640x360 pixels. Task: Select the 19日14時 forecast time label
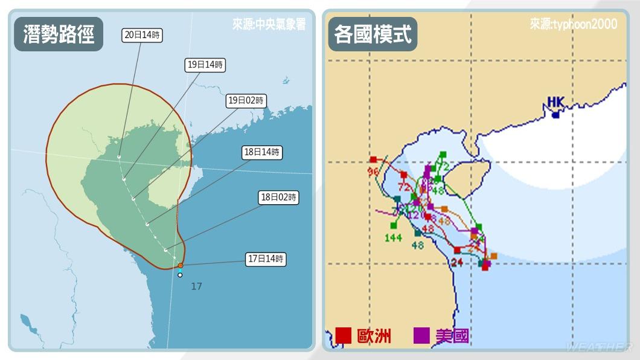pyautogui.click(x=205, y=65)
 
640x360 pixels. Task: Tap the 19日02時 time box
pyautogui.click(x=246, y=101)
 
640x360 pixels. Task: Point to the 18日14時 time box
pyautogui.click(x=263, y=152)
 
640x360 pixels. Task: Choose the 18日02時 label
pyautogui.click(x=278, y=197)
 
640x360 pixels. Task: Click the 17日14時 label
pyautogui.click(x=266, y=259)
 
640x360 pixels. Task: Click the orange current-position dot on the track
pyautogui.click(x=181, y=265)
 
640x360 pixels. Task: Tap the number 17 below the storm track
pyautogui.click(x=196, y=286)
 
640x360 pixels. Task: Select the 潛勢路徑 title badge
pyautogui.click(x=59, y=34)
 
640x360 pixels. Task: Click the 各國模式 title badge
pyautogui.click(x=373, y=34)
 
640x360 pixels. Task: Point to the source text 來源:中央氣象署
pyautogui.click(x=269, y=25)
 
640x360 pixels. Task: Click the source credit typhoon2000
pyautogui.click(x=574, y=24)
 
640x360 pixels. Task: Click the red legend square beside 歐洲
pyautogui.click(x=344, y=335)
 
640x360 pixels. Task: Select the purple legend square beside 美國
pyautogui.click(x=421, y=335)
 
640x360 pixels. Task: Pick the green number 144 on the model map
pyautogui.click(x=393, y=237)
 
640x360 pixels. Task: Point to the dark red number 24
pyautogui.click(x=456, y=262)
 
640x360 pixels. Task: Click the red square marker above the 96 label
pyautogui.click(x=374, y=160)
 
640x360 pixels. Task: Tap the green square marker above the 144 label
pyautogui.click(x=394, y=225)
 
